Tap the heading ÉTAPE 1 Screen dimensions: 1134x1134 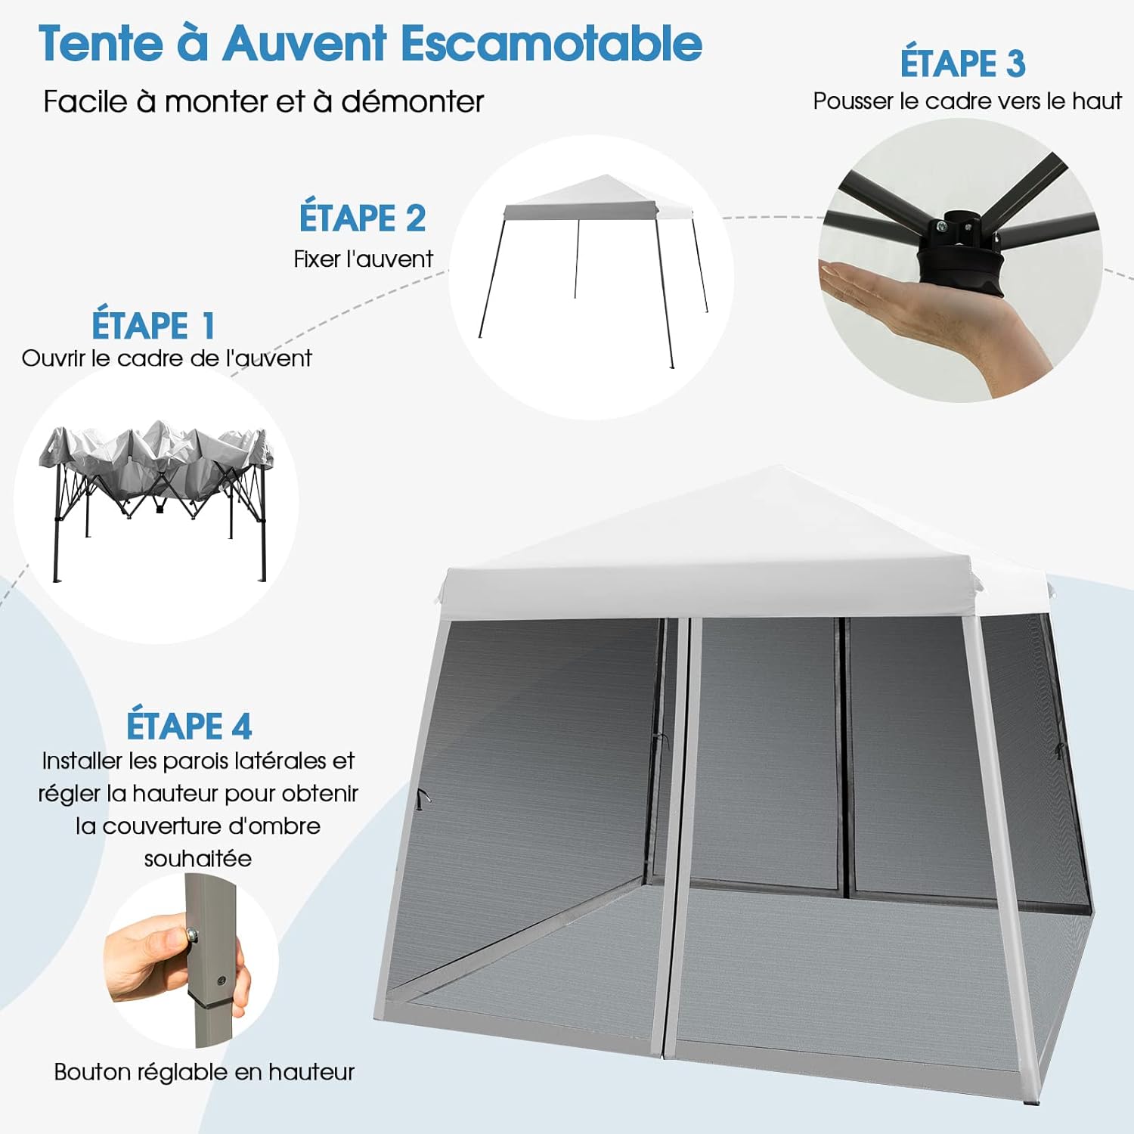pos(153,326)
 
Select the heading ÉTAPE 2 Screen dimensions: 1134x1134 pos(362,218)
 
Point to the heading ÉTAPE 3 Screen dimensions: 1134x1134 pos(962,63)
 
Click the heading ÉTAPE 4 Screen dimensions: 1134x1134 pos(188,726)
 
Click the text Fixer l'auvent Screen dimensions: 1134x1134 pos(363,259)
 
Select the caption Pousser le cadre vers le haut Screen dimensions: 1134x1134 pos(967,101)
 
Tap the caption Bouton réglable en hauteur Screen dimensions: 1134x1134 pos(204,1072)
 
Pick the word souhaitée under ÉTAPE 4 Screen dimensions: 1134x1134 pos(197,859)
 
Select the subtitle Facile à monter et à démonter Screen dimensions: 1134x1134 pos(263,101)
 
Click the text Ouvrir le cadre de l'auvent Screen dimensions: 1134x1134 pos(166,358)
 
